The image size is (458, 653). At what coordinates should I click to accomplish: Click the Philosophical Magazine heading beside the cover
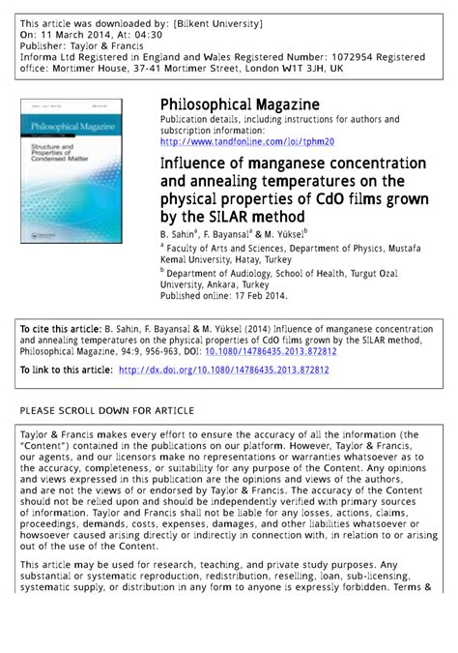(x=240, y=104)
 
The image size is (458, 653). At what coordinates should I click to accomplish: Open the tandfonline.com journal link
(x=246, y=142)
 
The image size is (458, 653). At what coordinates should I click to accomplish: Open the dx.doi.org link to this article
(x=223, y=370)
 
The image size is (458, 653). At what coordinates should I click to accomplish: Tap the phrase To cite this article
(x=62, y=329)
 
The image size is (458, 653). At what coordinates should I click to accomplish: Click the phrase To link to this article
(x=66, y=370)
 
